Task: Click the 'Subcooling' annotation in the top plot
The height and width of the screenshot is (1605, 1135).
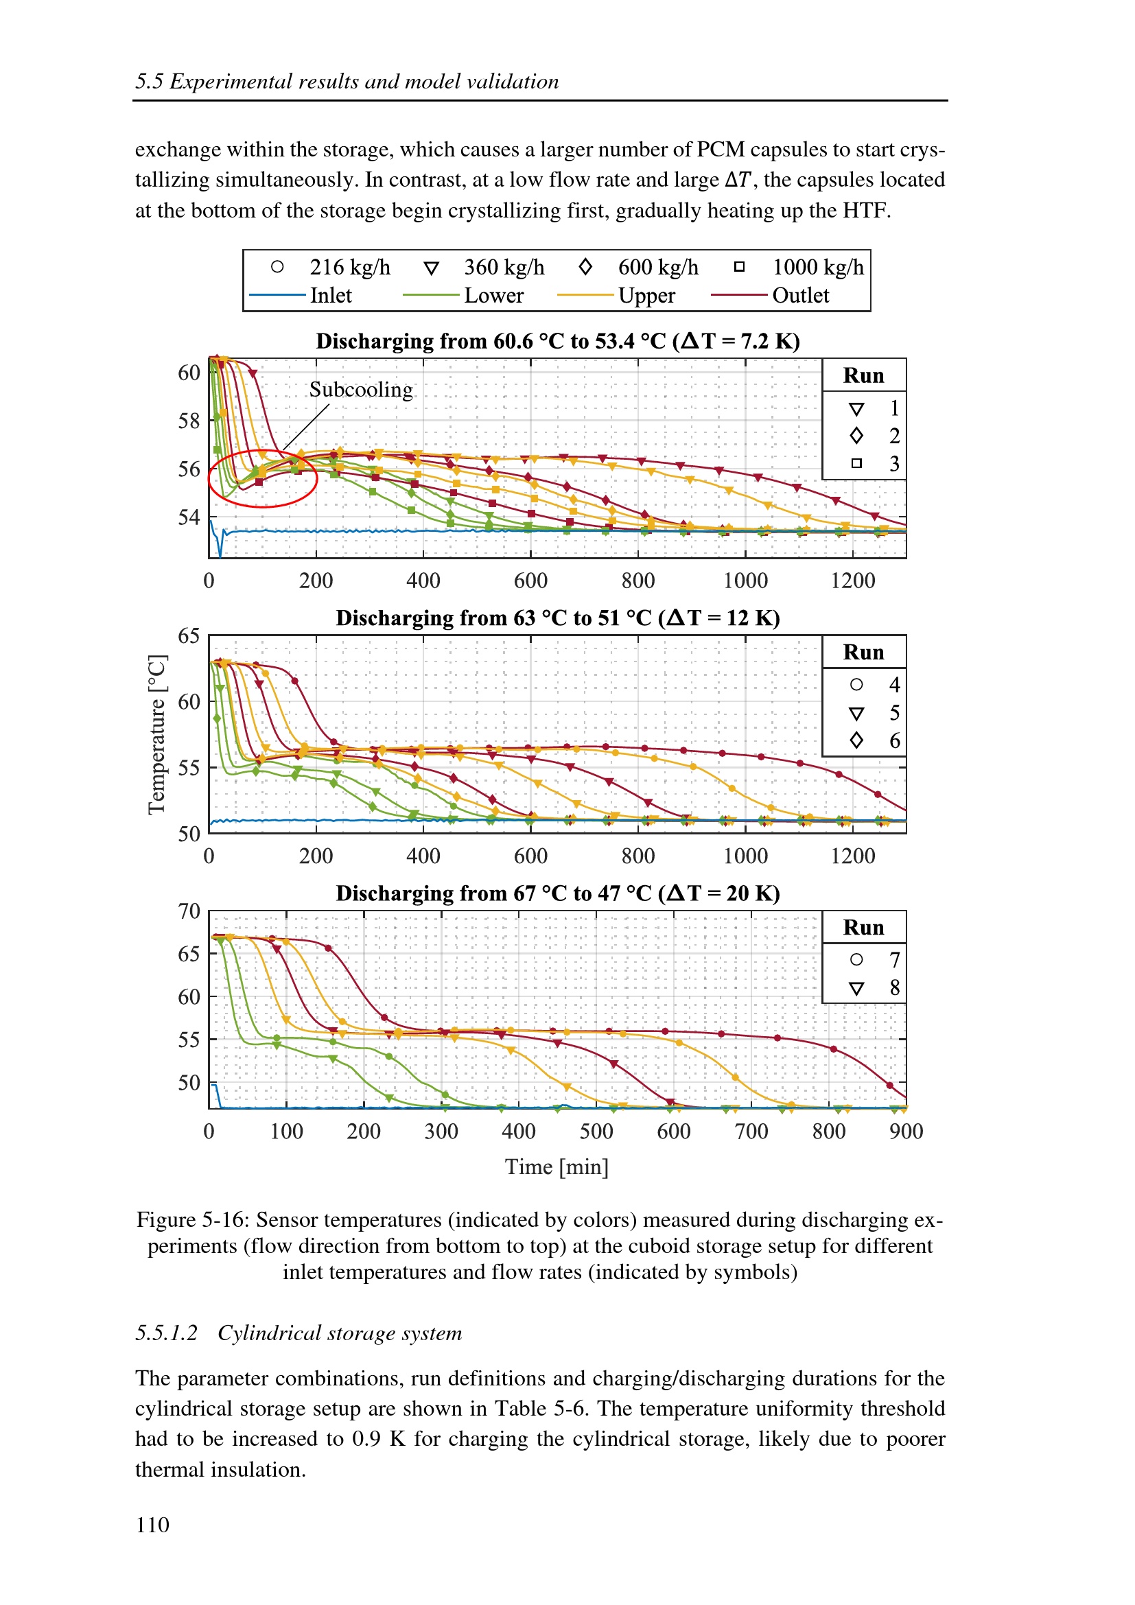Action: click(361, 389)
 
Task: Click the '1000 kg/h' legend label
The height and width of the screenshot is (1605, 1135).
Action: click(818, 267)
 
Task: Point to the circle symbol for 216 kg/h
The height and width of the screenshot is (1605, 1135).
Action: click(277, 266)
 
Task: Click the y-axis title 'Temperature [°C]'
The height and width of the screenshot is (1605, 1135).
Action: click(157, 734)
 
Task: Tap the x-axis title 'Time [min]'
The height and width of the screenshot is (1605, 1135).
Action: click(557, 1167)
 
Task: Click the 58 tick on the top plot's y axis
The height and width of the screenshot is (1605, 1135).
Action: click(189, 421)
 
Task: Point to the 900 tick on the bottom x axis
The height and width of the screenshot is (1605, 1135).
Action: click(906, 1131)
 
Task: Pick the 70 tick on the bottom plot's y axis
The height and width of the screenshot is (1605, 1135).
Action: click(189, 911)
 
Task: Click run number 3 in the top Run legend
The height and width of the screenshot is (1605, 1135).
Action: click(894, 463)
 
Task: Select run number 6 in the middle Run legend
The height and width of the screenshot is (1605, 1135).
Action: click(894, 740)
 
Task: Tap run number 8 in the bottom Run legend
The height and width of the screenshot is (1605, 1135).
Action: click(894, 987)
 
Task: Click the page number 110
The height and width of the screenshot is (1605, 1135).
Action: click(152, 1525)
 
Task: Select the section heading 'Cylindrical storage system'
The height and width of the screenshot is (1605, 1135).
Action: click(340, 1333)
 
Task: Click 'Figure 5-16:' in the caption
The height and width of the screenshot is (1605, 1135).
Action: click(193, 1220)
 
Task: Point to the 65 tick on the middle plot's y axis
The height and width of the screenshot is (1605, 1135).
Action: click(189, 635)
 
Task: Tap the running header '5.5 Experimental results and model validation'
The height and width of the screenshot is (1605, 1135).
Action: click(347, 82)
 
